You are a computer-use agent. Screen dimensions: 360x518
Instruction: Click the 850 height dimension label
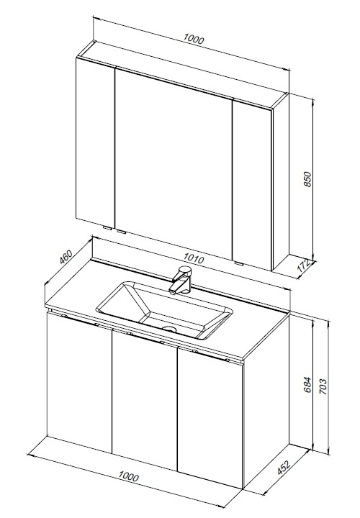[x=307, y=179]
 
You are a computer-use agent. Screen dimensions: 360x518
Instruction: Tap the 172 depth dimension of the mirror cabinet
[x=304, y=265]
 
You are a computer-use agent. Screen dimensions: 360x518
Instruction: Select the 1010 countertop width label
[x=194, y=258]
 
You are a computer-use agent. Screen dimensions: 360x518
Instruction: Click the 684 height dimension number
[x=307, y=384]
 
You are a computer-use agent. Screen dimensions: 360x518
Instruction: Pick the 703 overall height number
[x=323, y=386]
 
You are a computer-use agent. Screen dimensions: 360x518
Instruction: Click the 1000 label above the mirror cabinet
[x=194, y=39]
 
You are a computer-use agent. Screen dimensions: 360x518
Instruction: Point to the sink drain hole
[x=170, y=329]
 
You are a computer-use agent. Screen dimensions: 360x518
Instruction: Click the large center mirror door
[x=174, y=164]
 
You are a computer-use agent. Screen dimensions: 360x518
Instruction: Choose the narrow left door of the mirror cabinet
[x=96, y=143]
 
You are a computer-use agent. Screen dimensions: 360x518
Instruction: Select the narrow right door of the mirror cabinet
[x=253, y=185]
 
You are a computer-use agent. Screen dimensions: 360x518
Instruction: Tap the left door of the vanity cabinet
[x=80, y=383]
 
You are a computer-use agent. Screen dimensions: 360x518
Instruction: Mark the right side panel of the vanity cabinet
[x=266, y=401]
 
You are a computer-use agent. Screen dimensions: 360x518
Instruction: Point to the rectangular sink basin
[x=164, y=311]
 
